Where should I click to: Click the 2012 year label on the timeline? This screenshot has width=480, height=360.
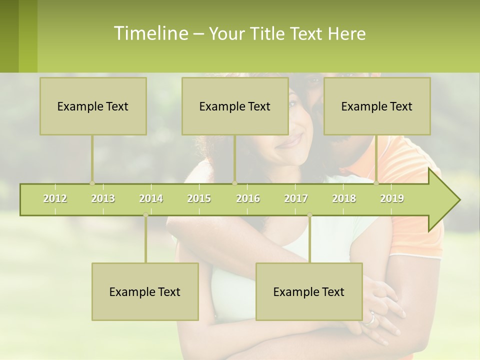55,198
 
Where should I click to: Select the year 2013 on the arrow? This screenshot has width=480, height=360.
103,198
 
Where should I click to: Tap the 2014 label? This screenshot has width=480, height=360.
151,198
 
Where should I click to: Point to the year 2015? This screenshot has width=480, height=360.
199,198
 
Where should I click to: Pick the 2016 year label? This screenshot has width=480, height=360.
248,198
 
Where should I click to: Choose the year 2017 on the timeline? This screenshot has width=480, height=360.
296,198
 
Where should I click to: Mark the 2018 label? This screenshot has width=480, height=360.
344,198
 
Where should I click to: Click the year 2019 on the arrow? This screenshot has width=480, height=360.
392,198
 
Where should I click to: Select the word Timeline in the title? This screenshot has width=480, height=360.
150,33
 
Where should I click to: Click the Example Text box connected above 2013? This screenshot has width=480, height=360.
93,106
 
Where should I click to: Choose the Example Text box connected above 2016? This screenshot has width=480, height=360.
235,106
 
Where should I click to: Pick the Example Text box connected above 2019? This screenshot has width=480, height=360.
377,106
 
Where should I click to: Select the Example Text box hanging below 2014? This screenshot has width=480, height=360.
145,291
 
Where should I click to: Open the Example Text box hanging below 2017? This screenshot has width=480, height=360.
309,291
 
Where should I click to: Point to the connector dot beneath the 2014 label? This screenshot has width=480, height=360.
145,215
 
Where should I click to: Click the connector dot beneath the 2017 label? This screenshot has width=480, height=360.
309,215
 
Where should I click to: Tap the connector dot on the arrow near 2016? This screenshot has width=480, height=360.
235,183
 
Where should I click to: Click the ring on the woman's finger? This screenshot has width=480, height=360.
370,318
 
